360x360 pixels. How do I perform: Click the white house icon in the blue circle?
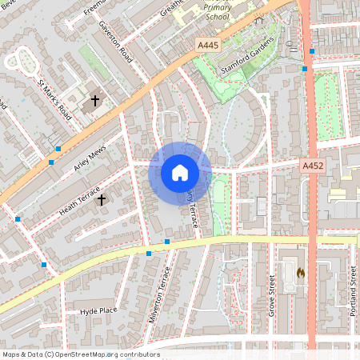coord(180,173)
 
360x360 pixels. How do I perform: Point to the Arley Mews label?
coord(90,158)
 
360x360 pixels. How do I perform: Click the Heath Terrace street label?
coord(79,201)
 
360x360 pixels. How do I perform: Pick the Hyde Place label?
coord(98,310)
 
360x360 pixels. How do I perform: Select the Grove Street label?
coord(272,295)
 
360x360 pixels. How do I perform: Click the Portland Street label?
coord(353,290)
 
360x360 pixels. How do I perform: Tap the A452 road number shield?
coord(313,166)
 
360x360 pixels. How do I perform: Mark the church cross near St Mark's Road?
coord(95,101)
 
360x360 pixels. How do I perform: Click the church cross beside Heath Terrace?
coord(101,199)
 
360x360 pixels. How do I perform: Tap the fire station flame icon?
coord(300,273)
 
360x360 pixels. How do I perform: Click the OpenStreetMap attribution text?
coord(80,354)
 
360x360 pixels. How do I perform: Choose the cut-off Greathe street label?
coord(171,8)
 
